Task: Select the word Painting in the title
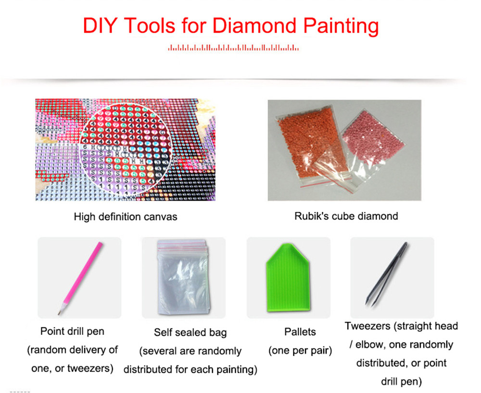(341, 26)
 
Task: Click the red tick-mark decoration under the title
(233, 48)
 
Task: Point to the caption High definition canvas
(126, 217)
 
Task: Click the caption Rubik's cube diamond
(346, 216)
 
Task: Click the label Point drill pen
(73, 331)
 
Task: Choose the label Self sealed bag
(190, 332)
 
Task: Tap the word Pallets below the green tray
(300, 332)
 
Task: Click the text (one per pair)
(300, 350)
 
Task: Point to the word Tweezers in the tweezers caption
(367, 326)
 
